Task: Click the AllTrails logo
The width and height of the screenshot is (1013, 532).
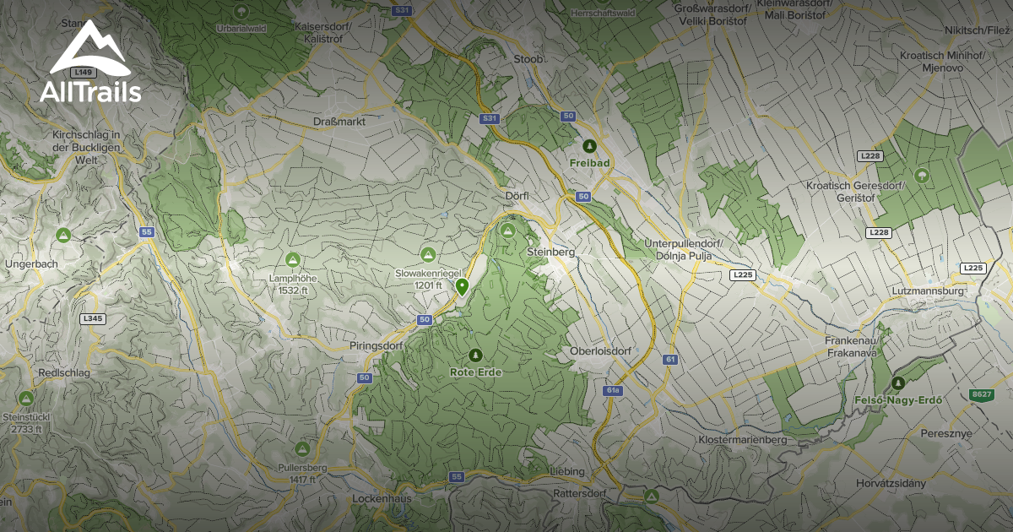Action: (90, 62)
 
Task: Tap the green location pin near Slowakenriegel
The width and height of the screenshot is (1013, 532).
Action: (462, 287)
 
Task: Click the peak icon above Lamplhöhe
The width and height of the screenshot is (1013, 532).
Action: (293, 259)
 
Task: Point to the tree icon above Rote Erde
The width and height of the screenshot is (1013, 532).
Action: (475, 356)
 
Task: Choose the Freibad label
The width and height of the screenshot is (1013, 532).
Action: (589, 162)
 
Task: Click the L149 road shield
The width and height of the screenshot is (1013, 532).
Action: (83, 73)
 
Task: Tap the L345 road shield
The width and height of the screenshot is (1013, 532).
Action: (93, 319)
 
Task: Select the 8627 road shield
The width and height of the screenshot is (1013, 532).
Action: (982, 394)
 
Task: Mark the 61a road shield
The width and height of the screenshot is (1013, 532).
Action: (613, 391)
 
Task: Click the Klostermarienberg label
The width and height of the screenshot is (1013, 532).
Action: (743, 440)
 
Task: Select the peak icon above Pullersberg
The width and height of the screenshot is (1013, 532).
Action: (302, 448)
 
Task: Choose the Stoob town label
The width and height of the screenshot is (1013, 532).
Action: (528, 59)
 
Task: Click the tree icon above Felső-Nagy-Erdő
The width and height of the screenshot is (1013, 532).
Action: (897, 383)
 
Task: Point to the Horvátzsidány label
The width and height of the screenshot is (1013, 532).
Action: (890, 483)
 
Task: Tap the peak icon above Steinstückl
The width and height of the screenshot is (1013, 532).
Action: (26, 398)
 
